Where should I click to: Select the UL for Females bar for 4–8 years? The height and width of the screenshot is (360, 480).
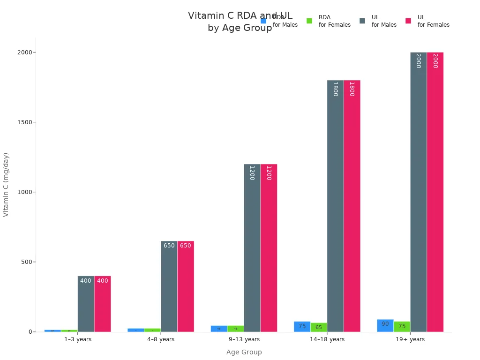(186, 286)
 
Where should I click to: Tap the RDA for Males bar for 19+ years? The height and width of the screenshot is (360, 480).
(385, 326)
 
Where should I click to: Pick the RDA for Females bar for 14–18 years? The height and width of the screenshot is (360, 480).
(319, 327)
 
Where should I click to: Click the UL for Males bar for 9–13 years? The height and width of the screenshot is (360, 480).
(252, 248)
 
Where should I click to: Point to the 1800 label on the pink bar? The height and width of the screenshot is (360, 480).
(352, 89)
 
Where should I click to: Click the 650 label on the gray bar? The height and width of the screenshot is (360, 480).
(169, 246)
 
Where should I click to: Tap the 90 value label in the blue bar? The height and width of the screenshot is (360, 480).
(385, 324)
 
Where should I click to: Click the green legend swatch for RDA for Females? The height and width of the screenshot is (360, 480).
(309, 21)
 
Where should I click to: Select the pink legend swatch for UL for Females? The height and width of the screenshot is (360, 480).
(408, 21)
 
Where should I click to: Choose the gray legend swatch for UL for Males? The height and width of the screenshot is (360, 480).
(362, 21)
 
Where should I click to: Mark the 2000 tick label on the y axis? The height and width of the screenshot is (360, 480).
(24, 52)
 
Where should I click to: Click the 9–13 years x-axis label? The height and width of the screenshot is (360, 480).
(244, 339)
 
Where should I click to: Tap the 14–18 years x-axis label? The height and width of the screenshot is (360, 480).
(327, 339)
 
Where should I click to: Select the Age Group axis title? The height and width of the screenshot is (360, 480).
(244, 352)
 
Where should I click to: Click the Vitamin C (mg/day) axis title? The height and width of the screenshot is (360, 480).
(6, 184)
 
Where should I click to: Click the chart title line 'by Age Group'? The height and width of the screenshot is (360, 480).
(240, 28)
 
